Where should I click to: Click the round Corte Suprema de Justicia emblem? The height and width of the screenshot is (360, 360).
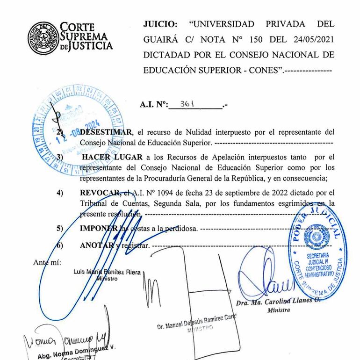(43, 36)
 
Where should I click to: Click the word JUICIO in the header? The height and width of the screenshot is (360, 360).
(159, 24)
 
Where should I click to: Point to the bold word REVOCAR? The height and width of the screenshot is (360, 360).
(100, 192)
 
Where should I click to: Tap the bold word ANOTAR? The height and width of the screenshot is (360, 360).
(97, 245)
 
